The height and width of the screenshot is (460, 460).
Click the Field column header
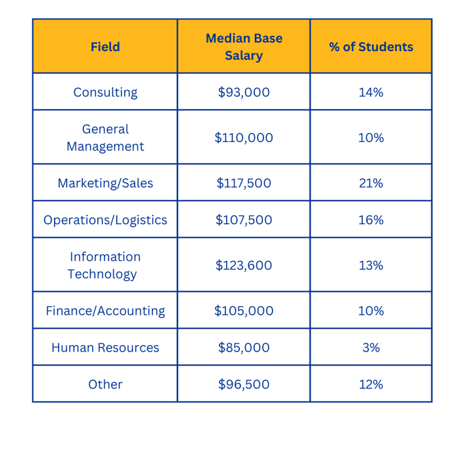coord(105,47)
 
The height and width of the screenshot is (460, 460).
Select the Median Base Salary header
coord(244,47)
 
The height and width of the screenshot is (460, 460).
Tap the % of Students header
coord(371,47)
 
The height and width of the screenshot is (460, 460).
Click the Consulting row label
coord(105,92)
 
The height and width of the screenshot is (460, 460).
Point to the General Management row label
coord(105,137)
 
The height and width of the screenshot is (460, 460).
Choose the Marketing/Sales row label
coord(105,183)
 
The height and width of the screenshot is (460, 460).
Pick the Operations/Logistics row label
coord(105,219)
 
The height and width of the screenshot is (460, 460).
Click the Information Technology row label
coord(105,265)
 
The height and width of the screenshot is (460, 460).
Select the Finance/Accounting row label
coord(105,310)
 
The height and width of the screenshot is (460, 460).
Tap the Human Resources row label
coord(105,347)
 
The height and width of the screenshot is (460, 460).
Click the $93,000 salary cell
coord(244,92)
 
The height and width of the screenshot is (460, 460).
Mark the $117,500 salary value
coord(244,183)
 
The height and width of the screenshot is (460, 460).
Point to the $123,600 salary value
coord(244,265)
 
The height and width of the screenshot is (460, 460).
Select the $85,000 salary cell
coord(244,347)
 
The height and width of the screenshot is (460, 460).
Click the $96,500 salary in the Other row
coord(244,384)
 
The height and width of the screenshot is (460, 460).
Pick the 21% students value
coord(371,183)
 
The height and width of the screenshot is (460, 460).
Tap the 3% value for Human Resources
coord(371,347)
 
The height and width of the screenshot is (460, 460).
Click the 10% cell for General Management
coord(371,137)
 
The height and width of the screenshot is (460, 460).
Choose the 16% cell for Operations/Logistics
coord(371,219)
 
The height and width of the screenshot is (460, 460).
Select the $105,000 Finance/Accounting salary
coord(244,310)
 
